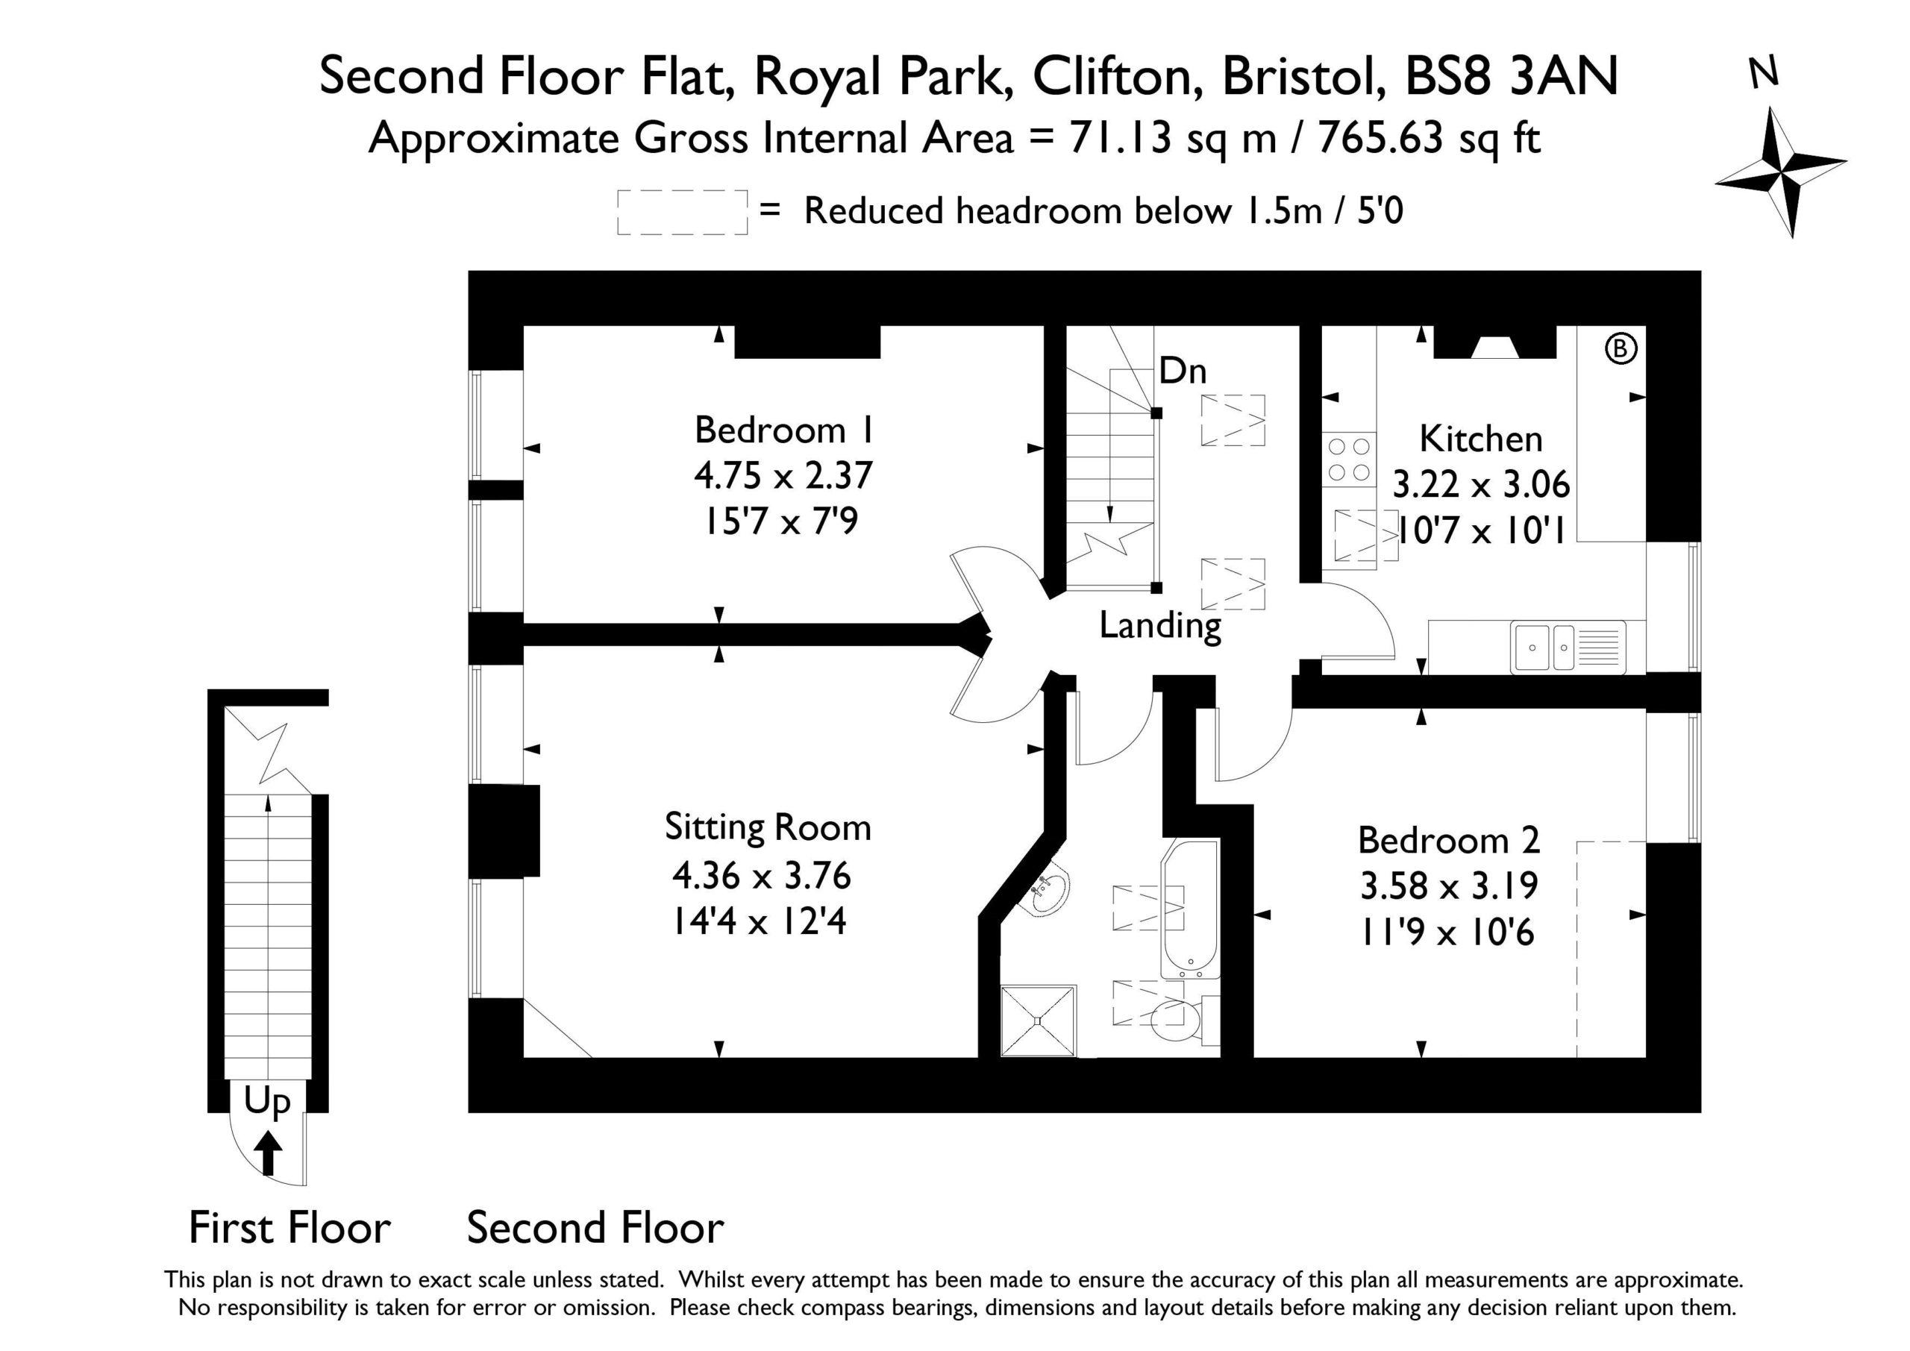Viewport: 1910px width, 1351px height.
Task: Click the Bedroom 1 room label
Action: pos(783,431)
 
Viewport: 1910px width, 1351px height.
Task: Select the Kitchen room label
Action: pos(1481,439)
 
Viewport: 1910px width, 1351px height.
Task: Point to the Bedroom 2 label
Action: pos(1449,840)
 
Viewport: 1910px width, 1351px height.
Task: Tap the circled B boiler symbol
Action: pos(1621,348)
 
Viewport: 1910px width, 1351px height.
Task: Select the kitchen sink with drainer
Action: pos(1568,646)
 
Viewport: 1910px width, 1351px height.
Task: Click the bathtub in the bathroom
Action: pos(1191,909)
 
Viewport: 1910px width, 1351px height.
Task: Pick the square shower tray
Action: pos(1038,1021)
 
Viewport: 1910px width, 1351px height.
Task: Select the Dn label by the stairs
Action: pos(1182,370)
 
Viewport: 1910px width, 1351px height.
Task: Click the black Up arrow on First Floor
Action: pos(268,1151)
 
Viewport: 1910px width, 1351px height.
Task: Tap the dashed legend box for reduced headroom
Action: pos(682,212)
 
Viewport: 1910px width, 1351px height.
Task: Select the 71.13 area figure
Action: pos(1121,137)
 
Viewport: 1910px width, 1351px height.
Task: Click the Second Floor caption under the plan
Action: pos(595,1228)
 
